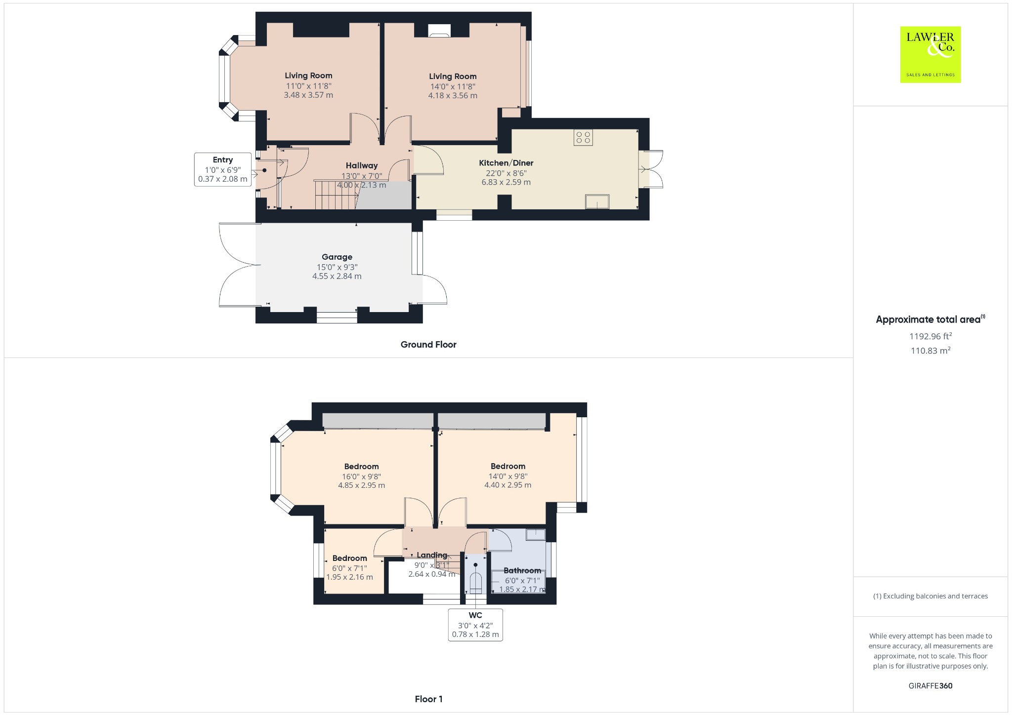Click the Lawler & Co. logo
click(930, 54)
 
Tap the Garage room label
click(337, 257)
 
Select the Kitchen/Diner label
click(506, 163)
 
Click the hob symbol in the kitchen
click(583, 137)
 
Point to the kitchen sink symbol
click(597, 201)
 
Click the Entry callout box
click(223, 169)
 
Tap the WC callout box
click(475, 625)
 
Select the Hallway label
click(362, 165)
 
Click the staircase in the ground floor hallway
click(336, 195)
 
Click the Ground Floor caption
click(428, 345)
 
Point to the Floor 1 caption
click(429, 699)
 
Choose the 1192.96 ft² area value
click(930, 336)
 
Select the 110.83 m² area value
click(930, 350)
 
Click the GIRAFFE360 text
click(930, 685)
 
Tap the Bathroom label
click(522, 570)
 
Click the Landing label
click(432, 555)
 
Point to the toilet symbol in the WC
click(475, 583)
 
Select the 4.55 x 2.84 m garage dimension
click(337, 276)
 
